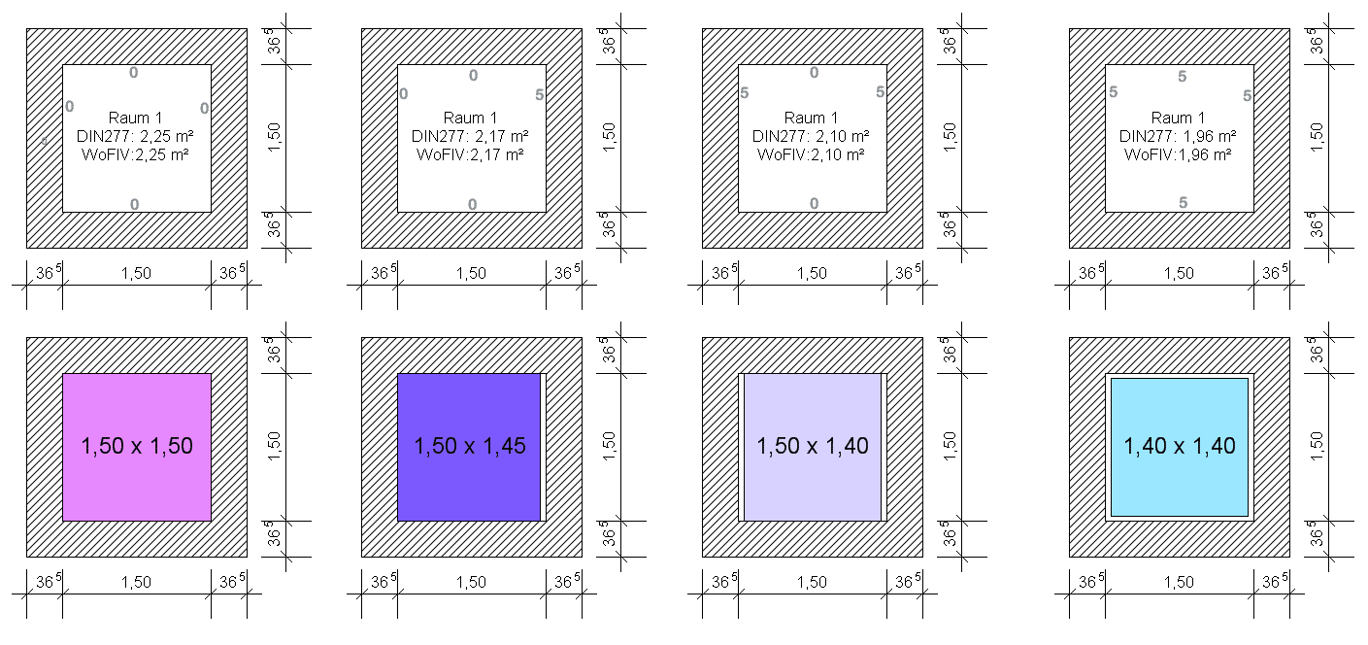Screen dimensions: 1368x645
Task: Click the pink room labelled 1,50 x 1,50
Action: coord(137,447)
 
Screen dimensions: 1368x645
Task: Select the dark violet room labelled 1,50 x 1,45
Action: coord(469,447)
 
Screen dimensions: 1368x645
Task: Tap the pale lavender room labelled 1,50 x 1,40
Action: coord(813,447)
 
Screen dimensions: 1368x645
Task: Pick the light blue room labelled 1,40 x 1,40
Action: coord(1180,447)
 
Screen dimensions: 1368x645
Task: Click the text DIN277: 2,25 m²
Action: coord(135,136)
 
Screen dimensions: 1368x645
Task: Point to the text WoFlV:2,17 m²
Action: coord(470,154)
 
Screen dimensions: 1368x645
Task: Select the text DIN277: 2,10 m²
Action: coord(811,136)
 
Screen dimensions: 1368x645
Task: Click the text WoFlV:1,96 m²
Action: coord(1178,154)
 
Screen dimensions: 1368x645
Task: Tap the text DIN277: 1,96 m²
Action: coord(1178,136)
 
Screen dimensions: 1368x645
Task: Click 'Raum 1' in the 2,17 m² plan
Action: coord(470,118)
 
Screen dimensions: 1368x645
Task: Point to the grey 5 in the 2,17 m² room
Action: coord(539,94)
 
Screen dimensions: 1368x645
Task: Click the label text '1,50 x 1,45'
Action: coord(470,446)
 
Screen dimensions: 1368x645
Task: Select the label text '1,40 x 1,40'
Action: coord(1180,446)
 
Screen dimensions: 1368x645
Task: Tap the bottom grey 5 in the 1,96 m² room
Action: coord(1183,202)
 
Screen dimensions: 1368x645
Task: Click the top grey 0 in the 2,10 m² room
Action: coord(814,73)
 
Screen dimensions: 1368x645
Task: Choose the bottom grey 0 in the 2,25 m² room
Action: coord(134,205)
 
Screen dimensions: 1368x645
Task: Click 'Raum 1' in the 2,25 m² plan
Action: coord(135,118)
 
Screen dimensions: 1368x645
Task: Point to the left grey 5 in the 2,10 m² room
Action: coord(745,93)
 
